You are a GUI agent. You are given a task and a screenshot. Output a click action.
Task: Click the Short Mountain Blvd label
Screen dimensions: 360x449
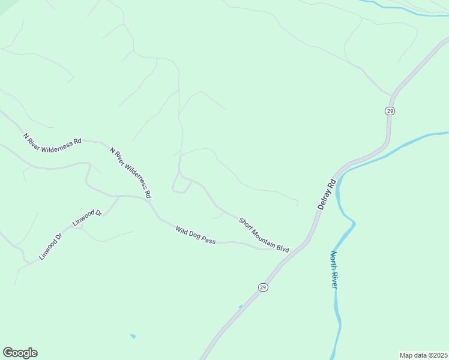pyautogui.click(x=264, y=234)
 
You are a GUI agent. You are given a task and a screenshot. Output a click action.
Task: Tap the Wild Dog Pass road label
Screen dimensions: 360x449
pyautogui.click(x=195, y=235)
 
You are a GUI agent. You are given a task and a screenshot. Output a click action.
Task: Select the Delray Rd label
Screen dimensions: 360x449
pyautogui.click(x=324, y=193)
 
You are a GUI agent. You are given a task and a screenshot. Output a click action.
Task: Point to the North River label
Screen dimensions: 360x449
pyautogui.click(x=334, y=269)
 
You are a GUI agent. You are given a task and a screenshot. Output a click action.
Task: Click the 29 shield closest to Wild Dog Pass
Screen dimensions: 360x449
pyautogui.click(x=263, y=287)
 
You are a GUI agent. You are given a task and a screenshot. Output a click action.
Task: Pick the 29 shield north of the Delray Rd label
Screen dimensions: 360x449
pyautogui.click(x=390, y=111)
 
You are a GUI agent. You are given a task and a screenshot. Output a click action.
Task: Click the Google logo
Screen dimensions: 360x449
pyautogui.click(x=20, y=353)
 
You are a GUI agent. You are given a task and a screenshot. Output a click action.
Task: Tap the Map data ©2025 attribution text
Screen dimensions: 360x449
pyautogui.click(x=424, y=355)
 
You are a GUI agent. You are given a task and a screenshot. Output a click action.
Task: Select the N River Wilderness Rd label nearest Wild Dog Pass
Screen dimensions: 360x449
pyautogui.click(x=130, y=172)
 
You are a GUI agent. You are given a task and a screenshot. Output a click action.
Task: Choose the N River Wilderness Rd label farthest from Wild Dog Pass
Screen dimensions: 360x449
pyautogui.click(x=52, y=139)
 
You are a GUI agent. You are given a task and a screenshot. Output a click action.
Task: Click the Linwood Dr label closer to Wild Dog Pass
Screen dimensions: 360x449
pyautogui.click(x=88, y=217)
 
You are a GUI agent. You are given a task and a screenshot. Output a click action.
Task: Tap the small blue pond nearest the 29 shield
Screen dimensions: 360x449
pyautogui.click(x=241, y=307)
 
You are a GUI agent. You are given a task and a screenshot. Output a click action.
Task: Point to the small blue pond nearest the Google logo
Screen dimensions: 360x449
pyautogui.click(x=133, y=336)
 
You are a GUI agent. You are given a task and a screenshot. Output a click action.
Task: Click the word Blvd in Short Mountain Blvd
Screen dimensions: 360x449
pyautogui.click(x=283, y=246)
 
